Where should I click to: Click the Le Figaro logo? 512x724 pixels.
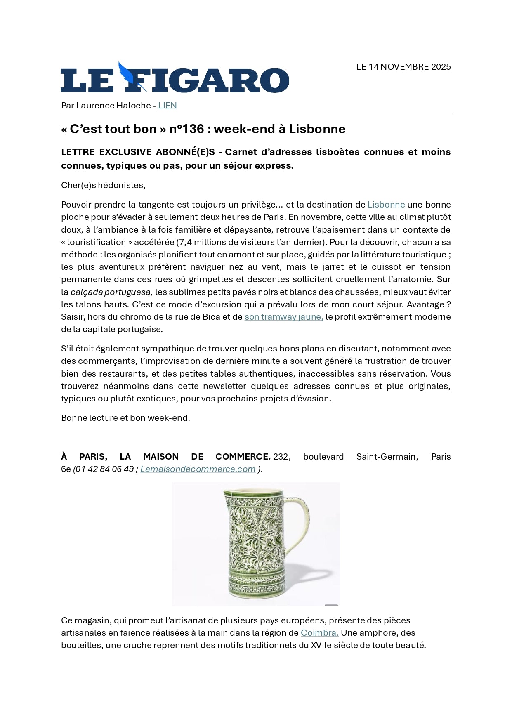(175, 79)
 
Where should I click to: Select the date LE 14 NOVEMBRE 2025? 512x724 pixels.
(403, 67)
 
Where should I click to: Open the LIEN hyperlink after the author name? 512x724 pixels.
(167, 106)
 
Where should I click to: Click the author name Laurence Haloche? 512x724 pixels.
(113, 106)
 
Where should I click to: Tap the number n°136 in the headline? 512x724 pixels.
(186, 129)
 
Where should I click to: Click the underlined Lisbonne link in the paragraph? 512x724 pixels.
(386, 205)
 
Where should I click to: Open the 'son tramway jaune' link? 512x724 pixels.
(283, 317)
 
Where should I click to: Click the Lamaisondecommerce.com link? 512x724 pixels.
(198, 469)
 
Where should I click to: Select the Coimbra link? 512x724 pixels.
(319, 633)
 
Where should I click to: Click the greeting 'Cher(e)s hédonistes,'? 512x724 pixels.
(103, 185)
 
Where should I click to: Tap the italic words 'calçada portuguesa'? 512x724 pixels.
(111, 292)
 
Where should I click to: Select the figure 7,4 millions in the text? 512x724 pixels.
(197, 242)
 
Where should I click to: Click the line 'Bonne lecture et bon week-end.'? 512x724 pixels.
(125, 418)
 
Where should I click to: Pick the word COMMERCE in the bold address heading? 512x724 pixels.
(242, 457)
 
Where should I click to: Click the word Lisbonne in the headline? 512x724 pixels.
(317, 129)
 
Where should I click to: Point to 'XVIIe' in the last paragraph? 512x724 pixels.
(321, 645)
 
